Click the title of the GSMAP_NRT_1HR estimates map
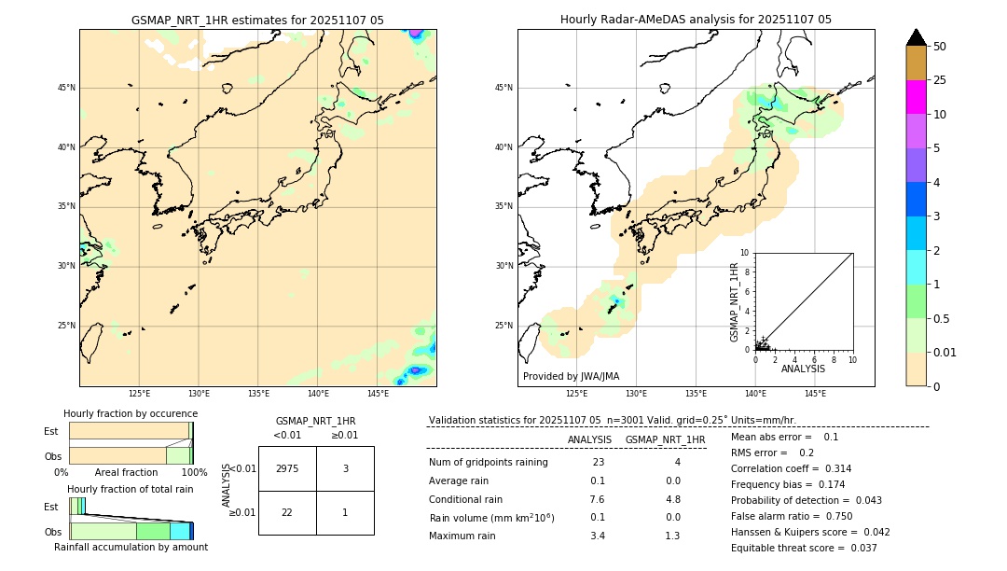(x=257, y=20)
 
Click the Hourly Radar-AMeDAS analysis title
(x=696, y=20)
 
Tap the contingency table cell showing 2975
(x=287, y=468)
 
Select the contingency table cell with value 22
(x=287, y=512)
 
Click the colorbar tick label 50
(x=940, y=47)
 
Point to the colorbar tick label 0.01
(x=945, y=352)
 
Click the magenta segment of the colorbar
(x=917, y=97)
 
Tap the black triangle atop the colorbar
(x=917, y=37)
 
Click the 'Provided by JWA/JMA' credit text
(x=571, y=376)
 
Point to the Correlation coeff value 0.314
(x=832, y=468)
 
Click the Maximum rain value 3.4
(x=598, y=536)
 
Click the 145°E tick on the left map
(x=378, y=394)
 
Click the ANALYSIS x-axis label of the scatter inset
(x=803, y=369)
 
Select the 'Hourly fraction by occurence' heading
(x=131, y=413)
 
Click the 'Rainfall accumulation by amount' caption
(x=131, y=547)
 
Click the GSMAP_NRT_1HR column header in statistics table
(x=665, y=439)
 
